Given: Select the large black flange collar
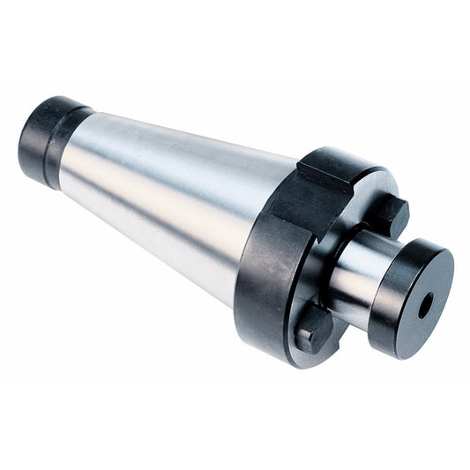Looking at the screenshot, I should pyautogui.click(x=265, y=265).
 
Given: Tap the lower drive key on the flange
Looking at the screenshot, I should pyautogui.click(x=314, y=331).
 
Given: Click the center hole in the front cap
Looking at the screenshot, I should pyautogui.click(x=425, y=305).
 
